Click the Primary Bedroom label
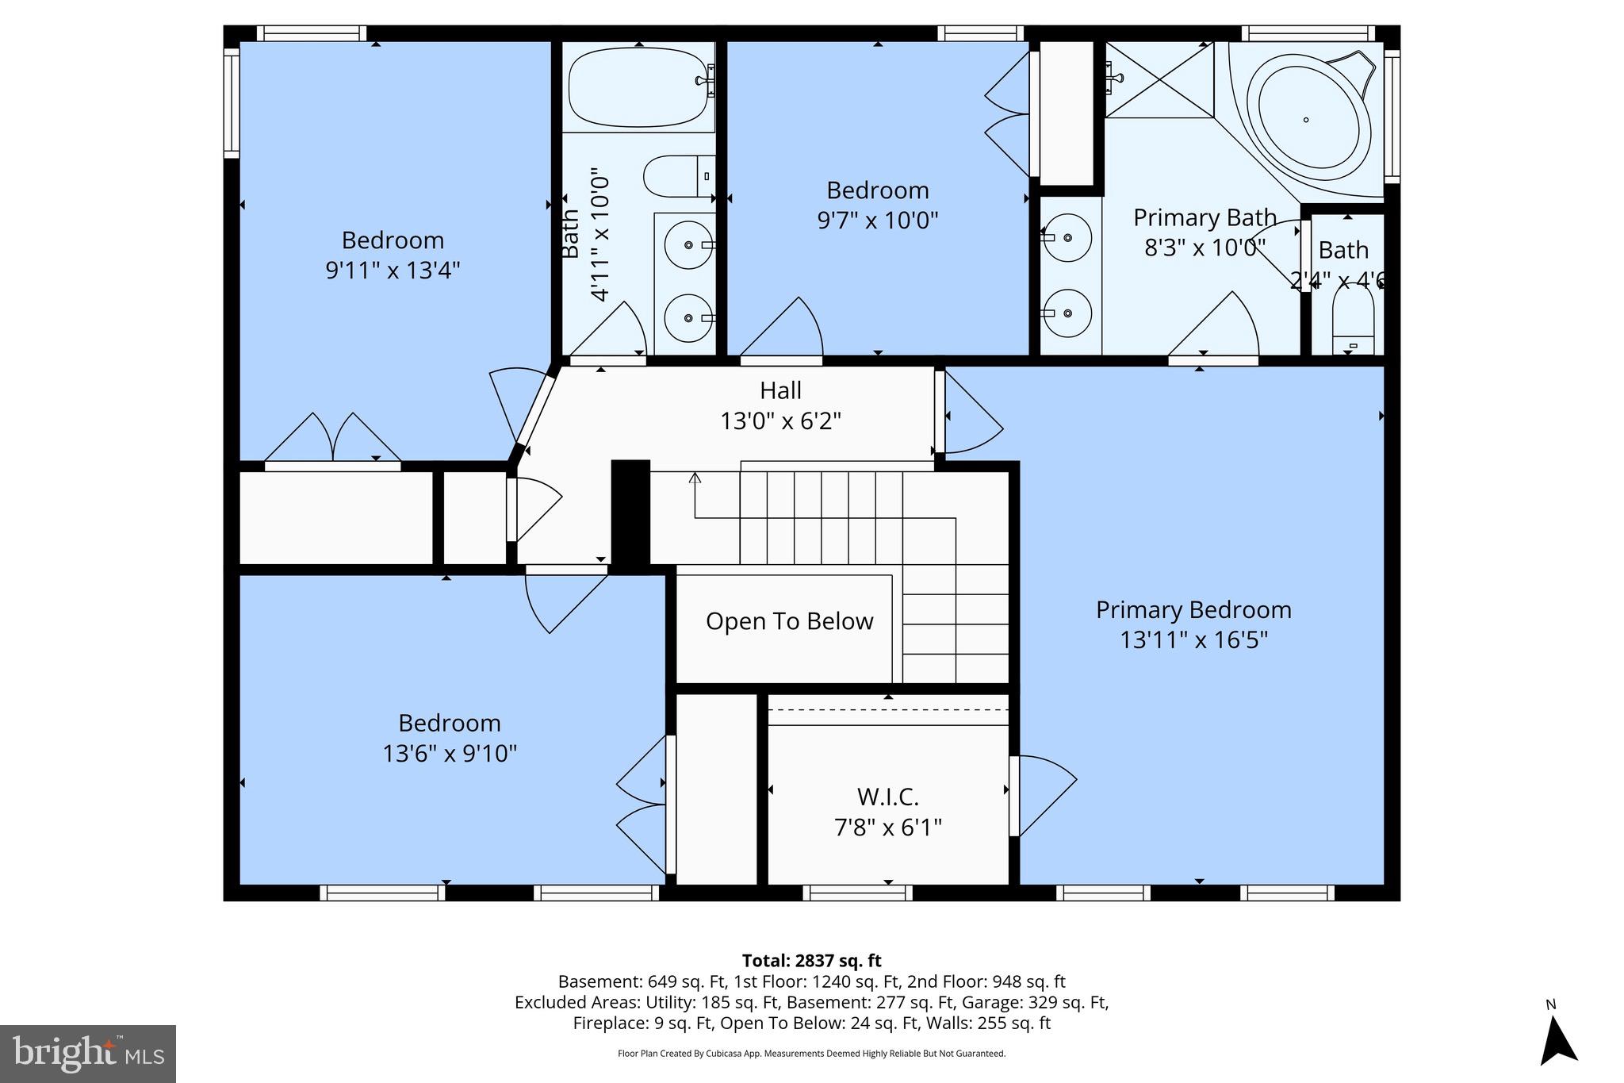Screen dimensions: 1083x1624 pyautogui.click(x=1193, y=610)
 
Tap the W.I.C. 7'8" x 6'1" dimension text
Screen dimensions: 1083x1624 pyautogui.click(x=887, y=828)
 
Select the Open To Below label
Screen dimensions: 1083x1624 pyautogui.click(x=789, y=621)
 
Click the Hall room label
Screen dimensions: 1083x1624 pyautogui.click(x=780, y=390)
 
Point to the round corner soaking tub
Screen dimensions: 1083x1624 pyautogui.click(x=1308, y=119)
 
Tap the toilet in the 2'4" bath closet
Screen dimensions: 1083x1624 pyautogui.click(x=1353, y=321)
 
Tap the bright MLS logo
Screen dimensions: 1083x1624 pyautogui.click(x=88, y=1054)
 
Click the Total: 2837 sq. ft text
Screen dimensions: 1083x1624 pyautogui.click(x=811, y=961)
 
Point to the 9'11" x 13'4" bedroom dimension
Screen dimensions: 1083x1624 pyautogui.click(x=393, y=271)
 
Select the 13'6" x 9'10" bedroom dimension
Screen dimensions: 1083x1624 pyautogui.click(x=450, y=753)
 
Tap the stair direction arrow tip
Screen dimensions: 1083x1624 pyautogui.click(x=695, y=476)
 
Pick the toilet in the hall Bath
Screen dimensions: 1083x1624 pyautogui.click(x=677, y=176)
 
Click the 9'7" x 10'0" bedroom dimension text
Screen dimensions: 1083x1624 pyautogui.click(x=877, y=220)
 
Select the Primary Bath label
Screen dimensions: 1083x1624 pyautogui.click(x=1204, y=217)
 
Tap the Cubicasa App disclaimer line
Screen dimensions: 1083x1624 pyautogui.click(x=811, y=1054)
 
